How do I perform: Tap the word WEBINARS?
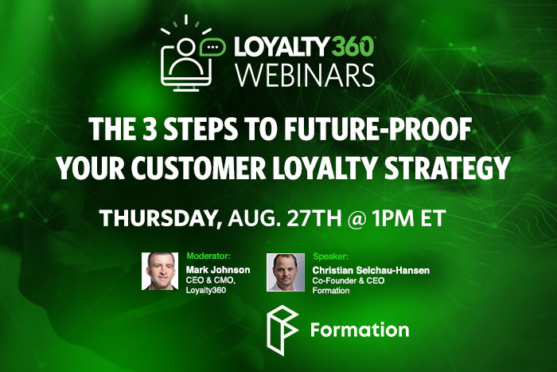[x=306, y=75]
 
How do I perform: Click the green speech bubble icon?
[x=212, y=47]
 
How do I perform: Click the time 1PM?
[x=393, y=217]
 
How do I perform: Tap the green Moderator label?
[x=208, y=256]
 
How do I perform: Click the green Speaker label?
[x=330, y=256]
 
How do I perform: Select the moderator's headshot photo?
[x=160, y=272]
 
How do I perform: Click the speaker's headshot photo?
[x=286, y=272]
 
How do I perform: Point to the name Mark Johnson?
[x=218, y=270]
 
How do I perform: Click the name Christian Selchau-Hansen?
[x=371, y=271]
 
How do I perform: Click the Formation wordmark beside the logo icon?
[x=360, y=330]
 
